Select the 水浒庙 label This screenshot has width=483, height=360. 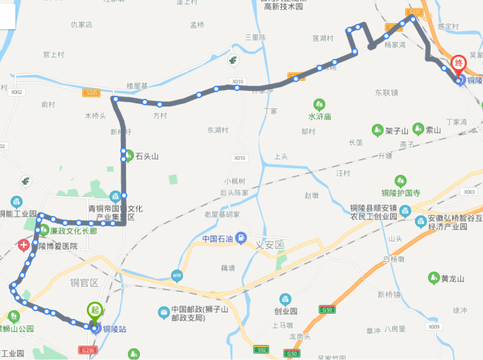coord(319,117)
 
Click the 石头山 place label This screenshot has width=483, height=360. coord(147,156)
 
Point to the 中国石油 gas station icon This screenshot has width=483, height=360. coord(240,239)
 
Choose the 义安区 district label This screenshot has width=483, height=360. coord(270,245)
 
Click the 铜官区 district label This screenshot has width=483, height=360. coord(83,282)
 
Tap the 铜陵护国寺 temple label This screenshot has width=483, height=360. coord(400,193)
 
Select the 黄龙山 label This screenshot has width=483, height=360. coord(453,278)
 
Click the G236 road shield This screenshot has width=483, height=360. coord(87,350)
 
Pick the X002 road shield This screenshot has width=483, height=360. coord(16,92)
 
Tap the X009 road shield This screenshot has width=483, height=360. coord(435,327)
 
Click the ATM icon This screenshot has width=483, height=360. coord(177,275)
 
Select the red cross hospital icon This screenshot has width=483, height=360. coord(23,245)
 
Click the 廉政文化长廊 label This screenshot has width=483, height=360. coord(73,231)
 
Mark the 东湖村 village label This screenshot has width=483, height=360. coord(218,130)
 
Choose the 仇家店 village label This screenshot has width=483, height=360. coord(81,24)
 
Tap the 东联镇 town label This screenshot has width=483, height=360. coord(386,92)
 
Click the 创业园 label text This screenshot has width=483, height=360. coord(286,311)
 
